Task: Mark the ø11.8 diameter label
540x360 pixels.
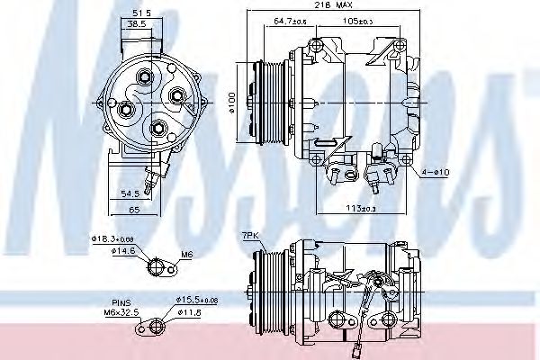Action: pyautogui.click(x=188, y=312)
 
